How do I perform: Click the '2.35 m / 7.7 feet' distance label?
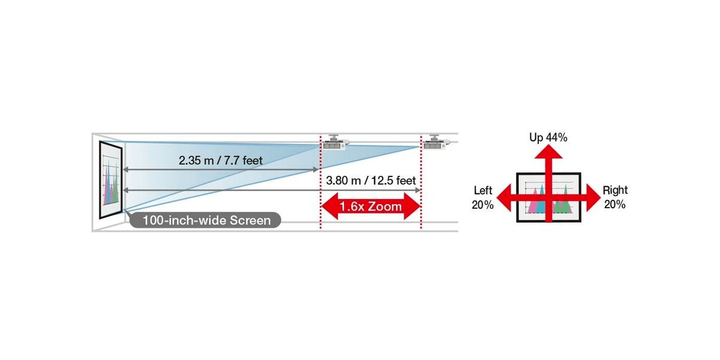(221, 160)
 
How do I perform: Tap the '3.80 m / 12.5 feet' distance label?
(371, 181)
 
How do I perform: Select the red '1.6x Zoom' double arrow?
(371, 206)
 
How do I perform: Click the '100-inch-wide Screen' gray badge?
(205, 220)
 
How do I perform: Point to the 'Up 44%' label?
(548, 137)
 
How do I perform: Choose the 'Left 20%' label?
(483, 197)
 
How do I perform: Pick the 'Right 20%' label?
(615, 197)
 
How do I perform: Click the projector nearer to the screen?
(335, 142)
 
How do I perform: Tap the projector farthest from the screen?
(436, 142)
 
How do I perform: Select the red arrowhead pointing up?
(548, 152)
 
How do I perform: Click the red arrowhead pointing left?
(504, 197)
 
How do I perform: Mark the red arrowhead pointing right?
(593, 197)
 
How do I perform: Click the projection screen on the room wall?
(110, 179)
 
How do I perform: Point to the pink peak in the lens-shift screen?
(535, 202)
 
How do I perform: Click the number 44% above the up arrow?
(557, 137)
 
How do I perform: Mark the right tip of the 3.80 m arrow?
(420, 190)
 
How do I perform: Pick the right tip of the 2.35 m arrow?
(318, 170)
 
